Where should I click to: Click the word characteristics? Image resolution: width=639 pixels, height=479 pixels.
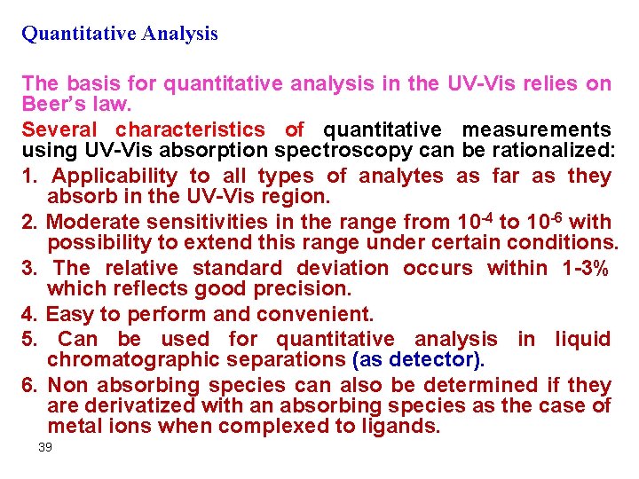190,130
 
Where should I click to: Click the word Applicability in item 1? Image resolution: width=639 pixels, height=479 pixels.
114,176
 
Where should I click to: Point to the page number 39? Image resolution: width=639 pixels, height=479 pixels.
45,448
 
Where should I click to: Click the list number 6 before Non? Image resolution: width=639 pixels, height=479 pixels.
27,385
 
